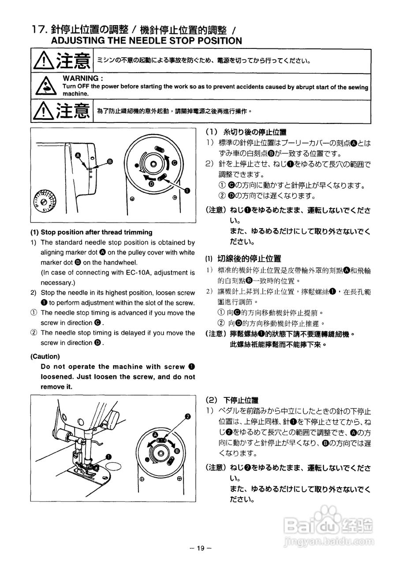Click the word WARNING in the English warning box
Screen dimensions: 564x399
tap(82, 78)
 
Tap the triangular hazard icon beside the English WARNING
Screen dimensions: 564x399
tap(45, 87)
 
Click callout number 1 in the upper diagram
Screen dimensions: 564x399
tap(187, 191)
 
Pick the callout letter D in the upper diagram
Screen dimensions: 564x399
tap(151, 183)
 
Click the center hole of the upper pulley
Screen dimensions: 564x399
tap(153, 164)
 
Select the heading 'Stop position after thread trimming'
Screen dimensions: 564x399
tap(91, 232)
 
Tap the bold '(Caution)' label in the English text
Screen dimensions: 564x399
tap(45, 356)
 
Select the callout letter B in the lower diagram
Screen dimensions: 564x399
tap(177, 451)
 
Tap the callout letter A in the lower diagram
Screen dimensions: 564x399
tap(154, 434)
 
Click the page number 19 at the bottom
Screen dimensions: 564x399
tap(201, 548)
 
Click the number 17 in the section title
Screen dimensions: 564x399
tap(39, 30)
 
